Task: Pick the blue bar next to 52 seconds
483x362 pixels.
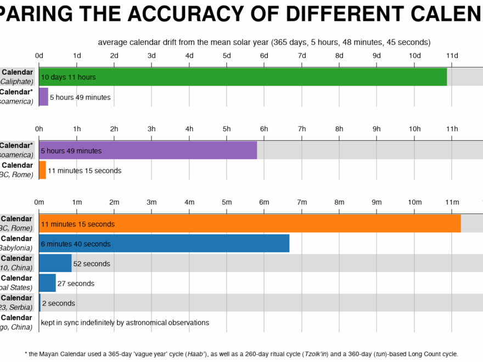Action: coord(55,263)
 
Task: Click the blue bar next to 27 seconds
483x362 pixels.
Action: coord(47,283)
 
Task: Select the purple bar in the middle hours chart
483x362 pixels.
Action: coord(148,150)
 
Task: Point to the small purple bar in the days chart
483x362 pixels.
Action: coord(43,97)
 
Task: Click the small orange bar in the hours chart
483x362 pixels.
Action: coord(42,170)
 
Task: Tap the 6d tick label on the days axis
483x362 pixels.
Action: coord(264,55)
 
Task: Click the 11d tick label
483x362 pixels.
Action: coord(452,55)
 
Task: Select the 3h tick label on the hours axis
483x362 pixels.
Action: coord(151,129)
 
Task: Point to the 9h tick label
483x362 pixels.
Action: coord(377,129)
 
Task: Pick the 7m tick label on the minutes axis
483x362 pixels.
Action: coord(302,202)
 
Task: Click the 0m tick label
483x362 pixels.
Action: coord(39,202)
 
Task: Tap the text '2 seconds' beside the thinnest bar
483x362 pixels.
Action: coord(59,303)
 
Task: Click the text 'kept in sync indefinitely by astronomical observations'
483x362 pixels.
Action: coord(125,323)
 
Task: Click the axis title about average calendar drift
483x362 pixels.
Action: coord(264,42)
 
